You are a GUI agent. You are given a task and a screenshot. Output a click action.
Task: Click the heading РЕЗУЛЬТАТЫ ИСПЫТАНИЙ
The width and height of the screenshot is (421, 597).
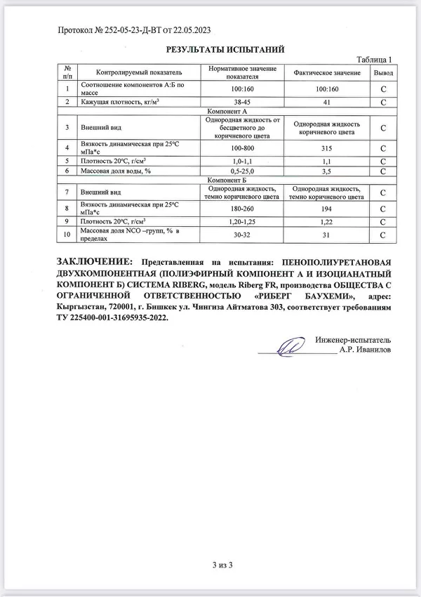click(224, 50)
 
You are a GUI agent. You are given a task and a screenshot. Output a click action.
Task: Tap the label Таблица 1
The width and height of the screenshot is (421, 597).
click(373, 60)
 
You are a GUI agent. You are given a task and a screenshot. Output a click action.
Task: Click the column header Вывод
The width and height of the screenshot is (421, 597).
click(382, 72)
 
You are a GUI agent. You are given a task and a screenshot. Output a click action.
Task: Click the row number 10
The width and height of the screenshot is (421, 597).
click(67, 235)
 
